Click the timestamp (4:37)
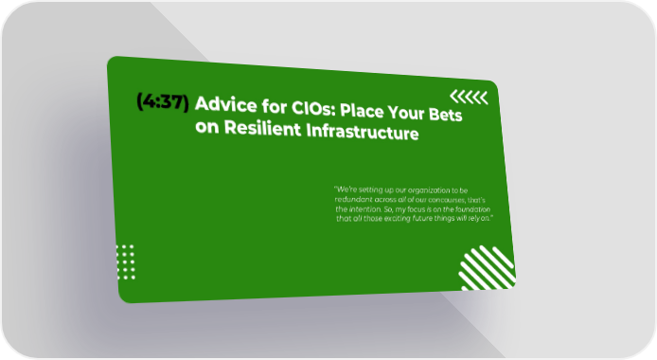click(163, 101)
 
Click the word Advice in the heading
click(226, 104)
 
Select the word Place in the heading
click(361, 111)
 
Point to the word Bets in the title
click(445, 114)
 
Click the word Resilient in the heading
click(263, 128)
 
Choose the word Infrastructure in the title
click(363, 132)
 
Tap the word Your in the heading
click(405, 114)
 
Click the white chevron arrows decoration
click(469, 97)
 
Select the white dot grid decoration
click(126, 262)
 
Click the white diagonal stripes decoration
click(488, 267)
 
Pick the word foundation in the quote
click(472, 209)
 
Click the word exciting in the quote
click(398, 218)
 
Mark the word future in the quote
click(422, 218)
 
